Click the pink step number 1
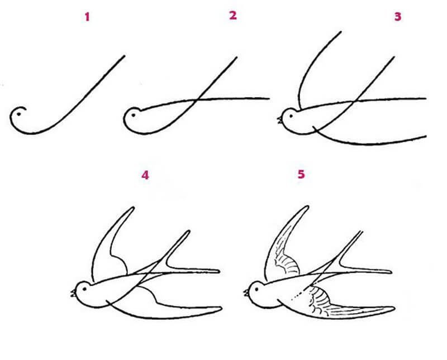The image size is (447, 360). [x=87, y=17]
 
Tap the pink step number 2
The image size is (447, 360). [x=233, y=16]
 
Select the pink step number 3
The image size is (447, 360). [x=398, y=17]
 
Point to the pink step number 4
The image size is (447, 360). [x=145, y=175]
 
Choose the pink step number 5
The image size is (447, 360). [x=301, y=174]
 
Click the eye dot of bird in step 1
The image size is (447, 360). [x=19, y=114]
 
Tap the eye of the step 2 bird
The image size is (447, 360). [x=133, y=115]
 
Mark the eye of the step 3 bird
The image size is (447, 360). [x=291, y=116]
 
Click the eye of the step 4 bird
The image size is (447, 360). [x=84, y=289]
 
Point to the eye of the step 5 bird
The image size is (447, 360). [x=256, y=289]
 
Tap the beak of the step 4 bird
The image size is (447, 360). [x=73, y=293]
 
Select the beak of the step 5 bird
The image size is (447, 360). [x=246, y=292]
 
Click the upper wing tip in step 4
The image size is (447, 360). [x=133, y=208]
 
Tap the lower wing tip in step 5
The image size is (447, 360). [x=394, y=308]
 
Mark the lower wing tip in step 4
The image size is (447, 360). [x=221, y=308]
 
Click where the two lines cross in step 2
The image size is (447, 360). [x=197, y=100]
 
